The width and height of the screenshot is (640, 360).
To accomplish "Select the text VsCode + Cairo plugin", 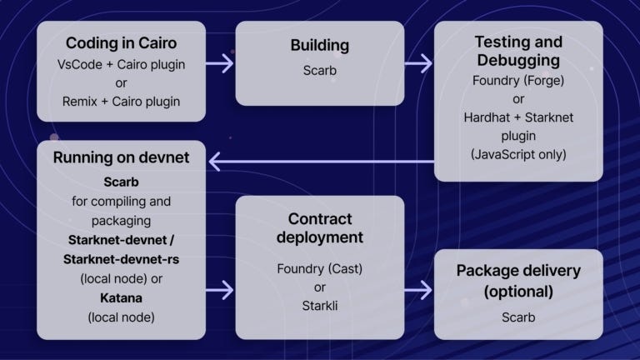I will coord(122,64).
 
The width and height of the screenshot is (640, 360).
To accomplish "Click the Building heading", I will coord(319,45).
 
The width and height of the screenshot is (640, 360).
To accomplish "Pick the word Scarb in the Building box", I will coord(319,71).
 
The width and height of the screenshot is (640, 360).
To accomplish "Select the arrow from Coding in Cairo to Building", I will coord(219,63).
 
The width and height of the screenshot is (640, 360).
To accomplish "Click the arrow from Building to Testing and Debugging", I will coord(418,63).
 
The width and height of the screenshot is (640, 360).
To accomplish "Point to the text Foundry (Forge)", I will coord(517,81).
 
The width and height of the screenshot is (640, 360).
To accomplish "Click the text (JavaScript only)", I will coord(517,154).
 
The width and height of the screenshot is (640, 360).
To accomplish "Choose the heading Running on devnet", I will coord(122,158).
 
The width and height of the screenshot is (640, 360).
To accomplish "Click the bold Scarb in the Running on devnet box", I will coord(122,182).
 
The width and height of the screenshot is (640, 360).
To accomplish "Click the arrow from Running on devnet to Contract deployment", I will coord(219,292).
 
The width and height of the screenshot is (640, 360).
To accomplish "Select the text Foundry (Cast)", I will coord(319,268).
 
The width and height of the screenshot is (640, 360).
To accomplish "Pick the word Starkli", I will coord(319,305).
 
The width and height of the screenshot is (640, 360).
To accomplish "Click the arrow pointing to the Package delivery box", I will coord(418,292).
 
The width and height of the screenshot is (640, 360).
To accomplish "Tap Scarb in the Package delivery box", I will coord(517,317).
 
